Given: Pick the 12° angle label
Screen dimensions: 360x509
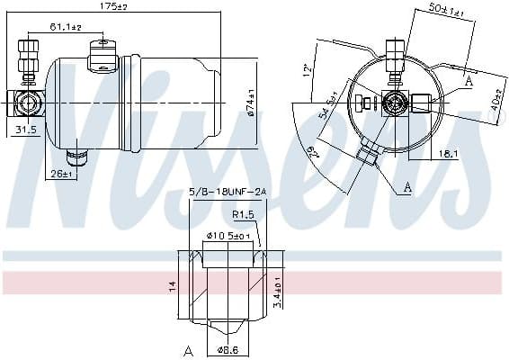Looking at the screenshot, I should (x=308, y=68).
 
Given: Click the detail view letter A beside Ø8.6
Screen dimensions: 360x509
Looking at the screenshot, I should (x=188, y=349).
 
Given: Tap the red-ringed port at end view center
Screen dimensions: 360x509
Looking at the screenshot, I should (x=393, y=100).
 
